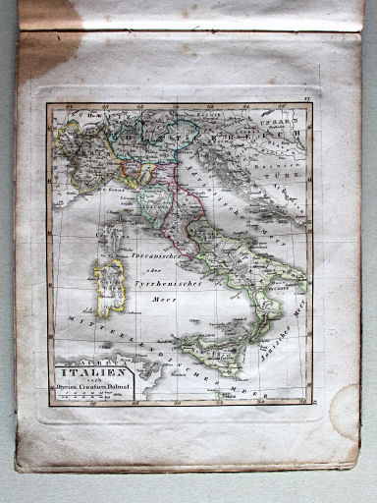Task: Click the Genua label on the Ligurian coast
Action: coord(117,182)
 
